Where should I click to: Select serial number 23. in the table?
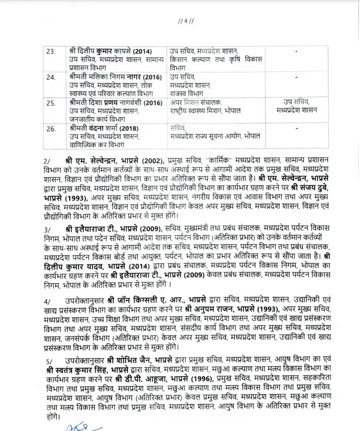(51, 51)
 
